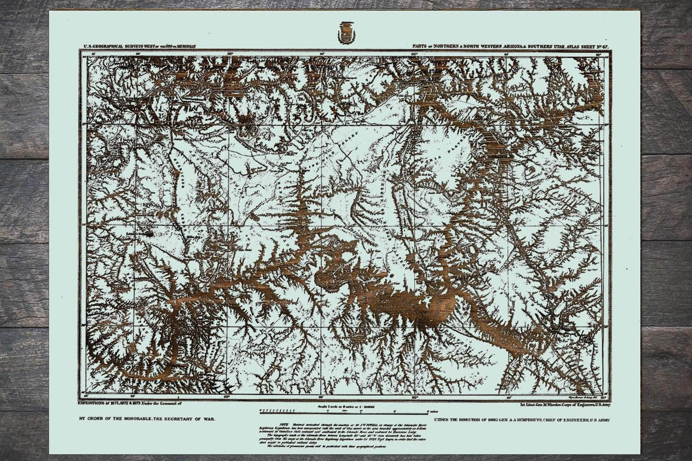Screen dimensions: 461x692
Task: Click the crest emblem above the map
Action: coord(345,33)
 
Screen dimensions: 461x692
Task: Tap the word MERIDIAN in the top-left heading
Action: coord(183,46)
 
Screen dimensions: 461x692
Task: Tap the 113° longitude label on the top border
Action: coord(230,54)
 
